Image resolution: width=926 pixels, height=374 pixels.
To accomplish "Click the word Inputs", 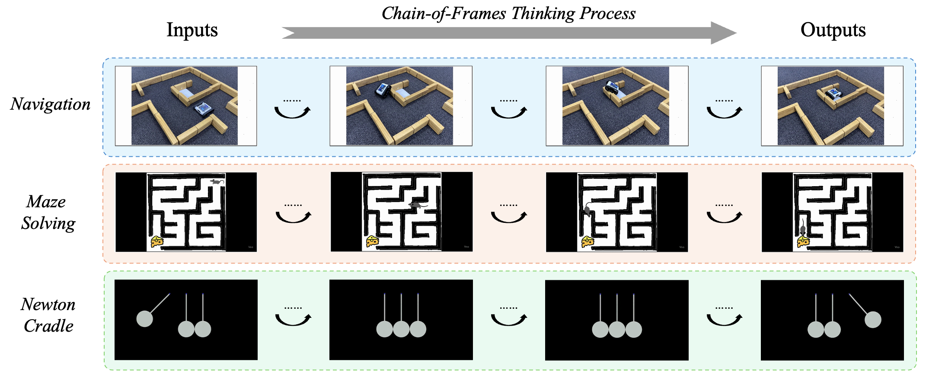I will coord(192,30).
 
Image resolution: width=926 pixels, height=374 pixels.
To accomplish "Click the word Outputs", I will coord(833,30).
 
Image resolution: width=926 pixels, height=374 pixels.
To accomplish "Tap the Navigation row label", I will coord(51,104).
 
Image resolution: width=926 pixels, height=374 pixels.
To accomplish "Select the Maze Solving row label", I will coord(48,212).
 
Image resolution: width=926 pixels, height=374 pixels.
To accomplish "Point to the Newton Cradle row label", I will coord(48,315).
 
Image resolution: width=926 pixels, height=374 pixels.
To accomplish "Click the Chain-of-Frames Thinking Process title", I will coord(508,13).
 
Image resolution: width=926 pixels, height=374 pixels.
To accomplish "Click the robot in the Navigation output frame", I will coord(833,92).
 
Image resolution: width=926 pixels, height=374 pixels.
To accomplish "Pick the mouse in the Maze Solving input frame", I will coord(217,182).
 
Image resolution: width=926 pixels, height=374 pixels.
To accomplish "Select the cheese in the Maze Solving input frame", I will coord(156,241).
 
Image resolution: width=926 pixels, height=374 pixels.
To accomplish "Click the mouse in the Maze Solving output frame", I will coord(803,228).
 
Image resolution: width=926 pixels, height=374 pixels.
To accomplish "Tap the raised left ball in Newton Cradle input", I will coord(144,319).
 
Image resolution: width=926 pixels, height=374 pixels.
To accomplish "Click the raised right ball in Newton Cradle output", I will coord(872,320).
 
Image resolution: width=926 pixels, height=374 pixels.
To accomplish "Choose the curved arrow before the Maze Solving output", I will coord(724,216).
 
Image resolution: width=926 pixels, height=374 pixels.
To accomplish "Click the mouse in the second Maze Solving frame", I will coord(416,205).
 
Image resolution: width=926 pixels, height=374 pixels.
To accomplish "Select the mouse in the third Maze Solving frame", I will coord(588,211).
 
